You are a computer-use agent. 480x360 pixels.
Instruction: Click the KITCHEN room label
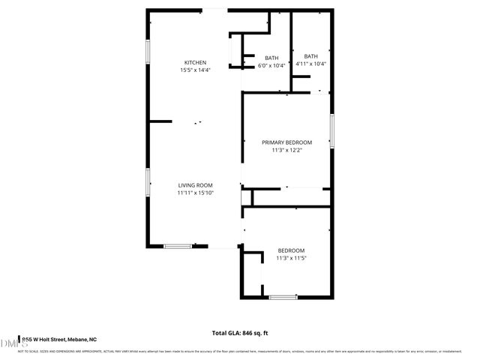[x=195, y=62]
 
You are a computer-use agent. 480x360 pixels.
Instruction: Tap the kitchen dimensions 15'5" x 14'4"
[x=195, y=70]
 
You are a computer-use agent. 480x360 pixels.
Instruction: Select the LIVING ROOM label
[x=195, y=185]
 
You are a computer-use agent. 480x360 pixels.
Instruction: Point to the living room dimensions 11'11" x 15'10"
[x=195, y=193]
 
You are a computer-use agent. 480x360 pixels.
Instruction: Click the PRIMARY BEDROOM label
[x=286, y=142]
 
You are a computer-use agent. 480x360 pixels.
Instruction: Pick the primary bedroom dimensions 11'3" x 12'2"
[x=286, y=150]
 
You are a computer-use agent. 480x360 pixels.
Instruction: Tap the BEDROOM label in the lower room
[x=291, y=250]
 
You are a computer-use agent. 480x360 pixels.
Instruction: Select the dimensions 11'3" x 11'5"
[x=291, y=258]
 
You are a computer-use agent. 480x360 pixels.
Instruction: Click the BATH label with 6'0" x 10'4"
[x=271, y=58]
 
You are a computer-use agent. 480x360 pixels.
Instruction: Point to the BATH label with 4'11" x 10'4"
[x=310, y=56]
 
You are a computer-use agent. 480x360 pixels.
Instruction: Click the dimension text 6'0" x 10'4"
[x=271, y=66]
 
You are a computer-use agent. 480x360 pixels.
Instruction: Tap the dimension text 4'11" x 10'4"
[x=310, y=64]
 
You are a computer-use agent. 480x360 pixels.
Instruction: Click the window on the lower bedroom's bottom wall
[x=283, y=297]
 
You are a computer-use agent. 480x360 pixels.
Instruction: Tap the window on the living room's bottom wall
[x=177, y=245]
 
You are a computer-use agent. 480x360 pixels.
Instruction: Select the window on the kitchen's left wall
[x=147, y=52]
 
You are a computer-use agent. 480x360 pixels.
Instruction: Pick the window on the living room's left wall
[x=147, y=182]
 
